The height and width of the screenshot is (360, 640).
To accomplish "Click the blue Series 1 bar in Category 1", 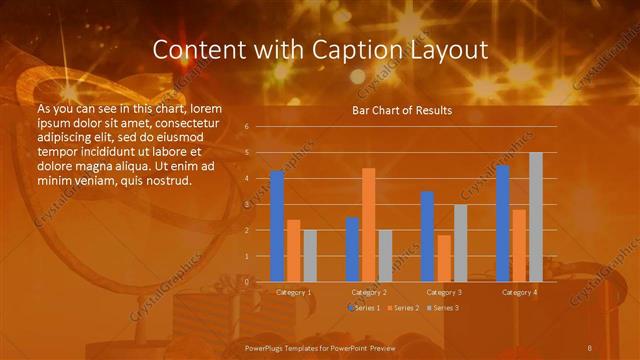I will click(x=277, y=226).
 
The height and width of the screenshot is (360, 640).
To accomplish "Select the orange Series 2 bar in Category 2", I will click(x=369, y=225).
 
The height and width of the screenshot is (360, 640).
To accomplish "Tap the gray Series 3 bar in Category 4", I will click(x=536, y=217).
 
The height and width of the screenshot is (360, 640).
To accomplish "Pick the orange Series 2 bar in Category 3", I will click(x=444, y=258).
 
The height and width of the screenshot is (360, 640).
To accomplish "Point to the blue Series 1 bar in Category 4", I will click(x=503, y=223).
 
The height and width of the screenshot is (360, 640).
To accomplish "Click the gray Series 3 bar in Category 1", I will click(x=310, y=256).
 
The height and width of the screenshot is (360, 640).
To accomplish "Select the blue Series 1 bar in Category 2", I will click(x=352, y=249).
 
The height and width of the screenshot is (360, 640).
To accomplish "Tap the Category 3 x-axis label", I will click(x=443, y=292).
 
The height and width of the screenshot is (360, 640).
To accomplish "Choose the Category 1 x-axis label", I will click(x=293, y=292).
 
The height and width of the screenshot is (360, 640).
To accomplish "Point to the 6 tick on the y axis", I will click(x=247, y=127).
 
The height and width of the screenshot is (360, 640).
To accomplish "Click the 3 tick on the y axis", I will click(x=247, y=204).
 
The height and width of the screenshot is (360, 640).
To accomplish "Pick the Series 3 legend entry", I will click(x=444, y=308).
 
